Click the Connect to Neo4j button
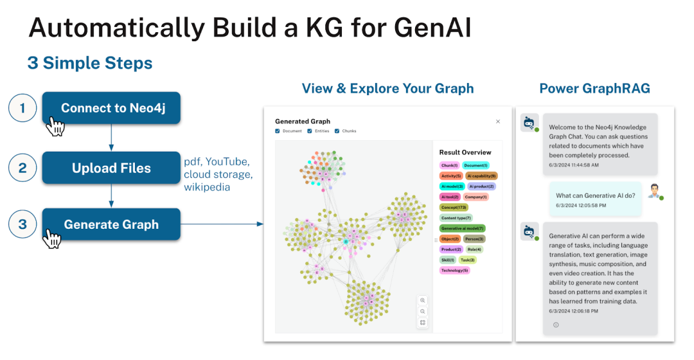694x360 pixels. [x=111, y=108]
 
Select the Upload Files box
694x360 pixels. [x=111, y=168]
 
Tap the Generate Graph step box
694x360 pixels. [x=111, y=224]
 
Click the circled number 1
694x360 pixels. [x=22, y=108]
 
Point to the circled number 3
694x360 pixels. [x=22, y=224]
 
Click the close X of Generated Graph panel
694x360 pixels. [x=497, y=121]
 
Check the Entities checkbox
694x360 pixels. [x=310, y=131]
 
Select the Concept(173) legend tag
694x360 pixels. [x=454, y=208]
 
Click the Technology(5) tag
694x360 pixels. [x=455, y=270]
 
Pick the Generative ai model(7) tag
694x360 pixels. [x=463, y=228]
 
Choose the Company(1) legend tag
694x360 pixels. [x=476, y=197]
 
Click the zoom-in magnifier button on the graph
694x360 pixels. [x=422, y=300]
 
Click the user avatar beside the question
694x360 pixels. [x=655, y=191]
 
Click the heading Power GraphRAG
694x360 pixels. [x=594, y=89]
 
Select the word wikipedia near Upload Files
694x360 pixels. [x=206, y=187]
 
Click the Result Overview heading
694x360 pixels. [x=465, y=152]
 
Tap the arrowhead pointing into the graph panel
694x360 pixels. [x=260, y=224]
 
